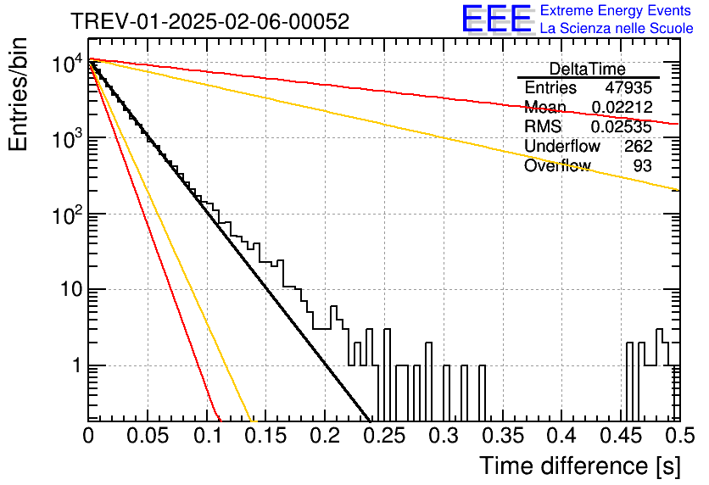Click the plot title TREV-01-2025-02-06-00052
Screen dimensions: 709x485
pyautogui.click(x=210, y=21)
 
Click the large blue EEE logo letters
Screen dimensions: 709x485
pyautogui.click(x=497, y=19)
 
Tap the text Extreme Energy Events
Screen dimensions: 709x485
pyautogui.click(x=616, y=10)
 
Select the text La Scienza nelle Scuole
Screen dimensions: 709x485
pyautogui.click(x=617, y=28)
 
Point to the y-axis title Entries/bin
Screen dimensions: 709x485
pyautogui.click(x=18, y=94)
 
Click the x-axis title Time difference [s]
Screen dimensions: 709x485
pyautogui.click(x=580, y=466)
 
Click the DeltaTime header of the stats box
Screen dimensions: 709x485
pyautogui.click(x=588, y=69)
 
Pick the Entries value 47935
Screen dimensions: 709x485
pyautogui.click(x=628, y=87)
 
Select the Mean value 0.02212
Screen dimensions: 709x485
pyautogui.click(x=622, y=107)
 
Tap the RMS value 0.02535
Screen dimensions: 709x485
pyautogui.click(x=622, y=126)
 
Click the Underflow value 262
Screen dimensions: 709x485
pyautogui.click(x=639, y=146)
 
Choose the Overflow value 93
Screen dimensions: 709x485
pyautogui.click(x=643, y=165)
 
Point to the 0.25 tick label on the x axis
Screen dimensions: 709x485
pyautogui.click(x=384, y=436)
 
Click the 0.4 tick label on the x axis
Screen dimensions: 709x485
pyautogui.click(x=561, y=436)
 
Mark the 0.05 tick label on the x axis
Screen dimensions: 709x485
pyautogui.click(x=148, y=436)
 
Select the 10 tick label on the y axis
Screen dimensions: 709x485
pyautogui.click(x=72, y=289)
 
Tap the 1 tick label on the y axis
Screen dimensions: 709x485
pyautogui.click(x=77, y=365)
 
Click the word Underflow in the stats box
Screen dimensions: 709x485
pyautogui.click(x=562, y=146)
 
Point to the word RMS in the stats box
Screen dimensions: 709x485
pyautogui.click(x=543, y=126)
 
